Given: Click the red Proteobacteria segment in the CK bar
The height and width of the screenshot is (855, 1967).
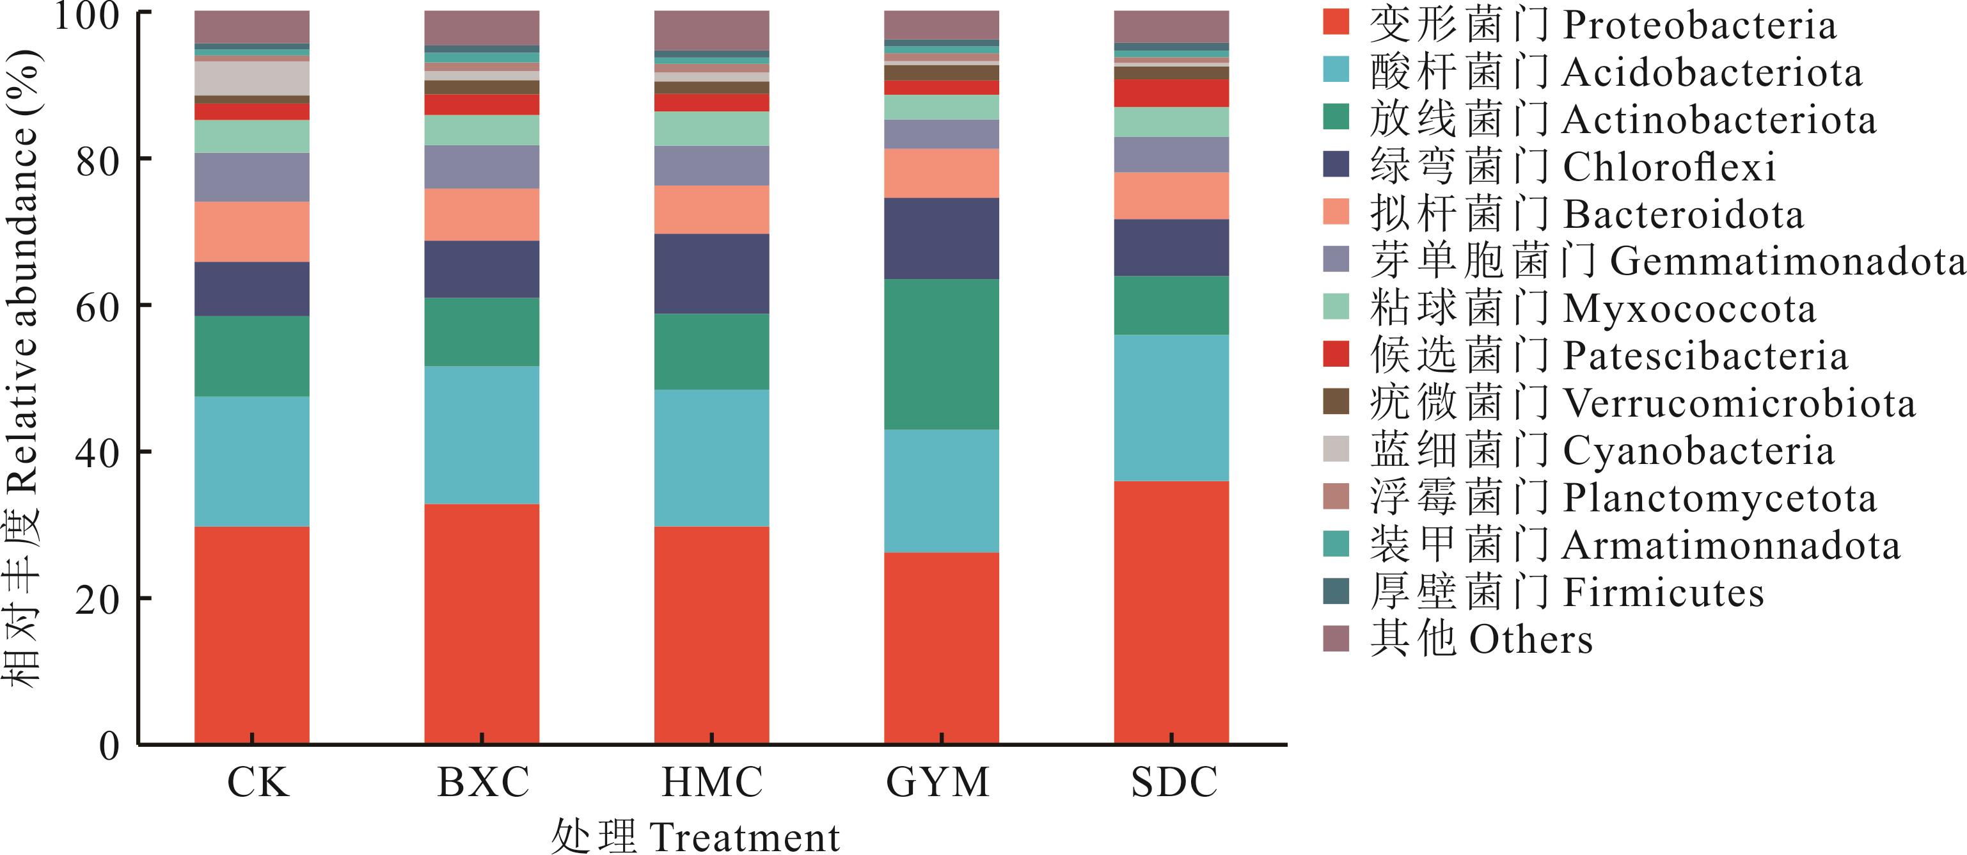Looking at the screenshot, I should pyautogui.click(x=252, y=634).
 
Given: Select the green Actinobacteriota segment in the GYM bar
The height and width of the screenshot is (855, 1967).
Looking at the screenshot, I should pyautogui.click(x=942, y=354).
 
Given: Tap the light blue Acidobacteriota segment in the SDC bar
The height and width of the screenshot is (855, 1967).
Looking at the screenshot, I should pyautogui.click(x=1171, y=407).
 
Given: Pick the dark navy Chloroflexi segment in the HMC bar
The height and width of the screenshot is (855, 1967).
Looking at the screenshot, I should pyautogui.click(x=712, y=273).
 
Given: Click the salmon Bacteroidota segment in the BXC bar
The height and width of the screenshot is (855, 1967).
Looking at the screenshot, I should pyautogui.click(x=482, y=214).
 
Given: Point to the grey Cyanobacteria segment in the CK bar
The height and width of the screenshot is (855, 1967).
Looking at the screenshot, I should pyautogui.click(x=252, y=78).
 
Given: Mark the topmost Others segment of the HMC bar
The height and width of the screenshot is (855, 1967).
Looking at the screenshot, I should pyautogui.click(x=712, y=31).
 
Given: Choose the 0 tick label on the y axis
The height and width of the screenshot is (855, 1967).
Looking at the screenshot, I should pyautogui.click(x=110, y=746).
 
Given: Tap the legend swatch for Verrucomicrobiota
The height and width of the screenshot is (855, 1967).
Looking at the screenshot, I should pyautogui.click(x=1336, y=401).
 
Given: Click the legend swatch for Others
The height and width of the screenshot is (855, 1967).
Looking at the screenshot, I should pyautogui.click(x=1336, y=638).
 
